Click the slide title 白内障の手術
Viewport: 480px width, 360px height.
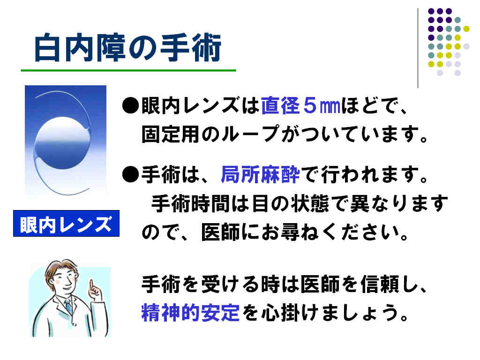tap(128, 47)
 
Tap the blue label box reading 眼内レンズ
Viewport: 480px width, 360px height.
tap(66, 224)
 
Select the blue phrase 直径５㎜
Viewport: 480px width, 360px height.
tap(300, 105)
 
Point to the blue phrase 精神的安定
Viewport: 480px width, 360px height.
tap(190, 312)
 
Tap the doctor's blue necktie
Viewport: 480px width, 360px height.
tap(68, 307)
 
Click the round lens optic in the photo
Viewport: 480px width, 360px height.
tap(63, 142)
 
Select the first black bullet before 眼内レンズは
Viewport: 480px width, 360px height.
tap(130, 105)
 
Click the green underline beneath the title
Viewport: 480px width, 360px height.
tap(128, 70)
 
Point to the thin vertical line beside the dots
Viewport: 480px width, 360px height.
tap(418, 48)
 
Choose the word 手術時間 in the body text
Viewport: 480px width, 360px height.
tap(190, 203)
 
